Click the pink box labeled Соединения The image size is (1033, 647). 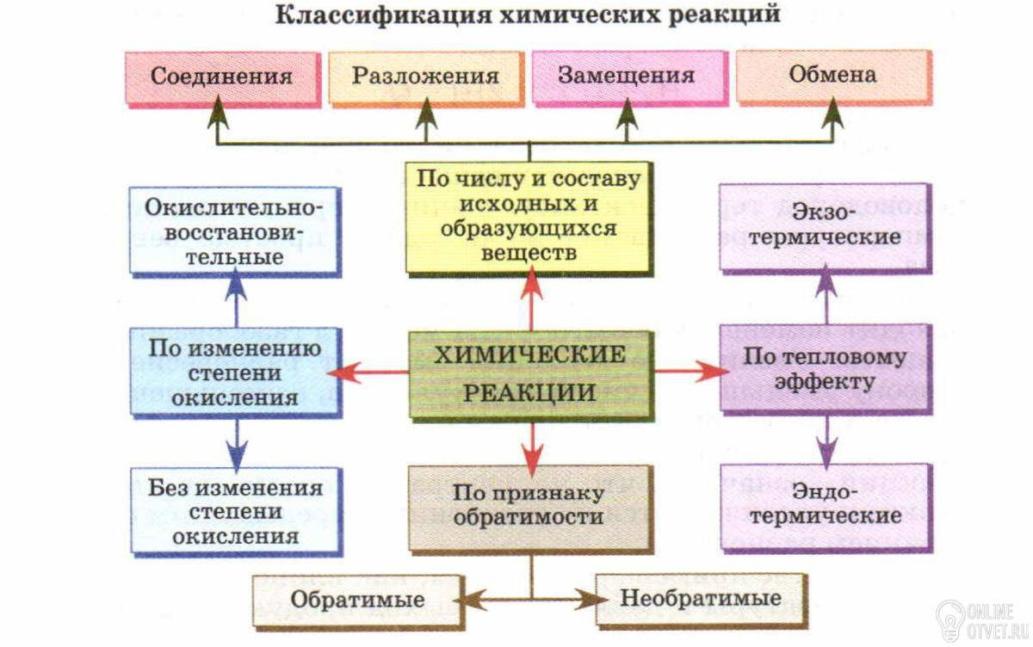(222, 76)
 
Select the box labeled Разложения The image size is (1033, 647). (425, 76)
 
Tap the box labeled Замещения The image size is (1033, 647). (626, 76)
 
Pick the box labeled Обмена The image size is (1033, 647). (832, 76)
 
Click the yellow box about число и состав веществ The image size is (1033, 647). (529, 217)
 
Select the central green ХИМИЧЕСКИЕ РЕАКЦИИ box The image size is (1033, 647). (529, 373)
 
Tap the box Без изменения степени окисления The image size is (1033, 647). (234, 512)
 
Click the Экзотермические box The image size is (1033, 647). (825, 225)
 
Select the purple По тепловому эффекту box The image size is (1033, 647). (825, 370)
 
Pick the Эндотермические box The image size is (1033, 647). (825, 506)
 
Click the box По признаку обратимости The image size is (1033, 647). (529, 508)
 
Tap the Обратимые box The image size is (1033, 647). (356, 599)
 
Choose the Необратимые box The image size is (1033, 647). (701, 597)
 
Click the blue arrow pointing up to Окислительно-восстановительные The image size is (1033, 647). (236, 298)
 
